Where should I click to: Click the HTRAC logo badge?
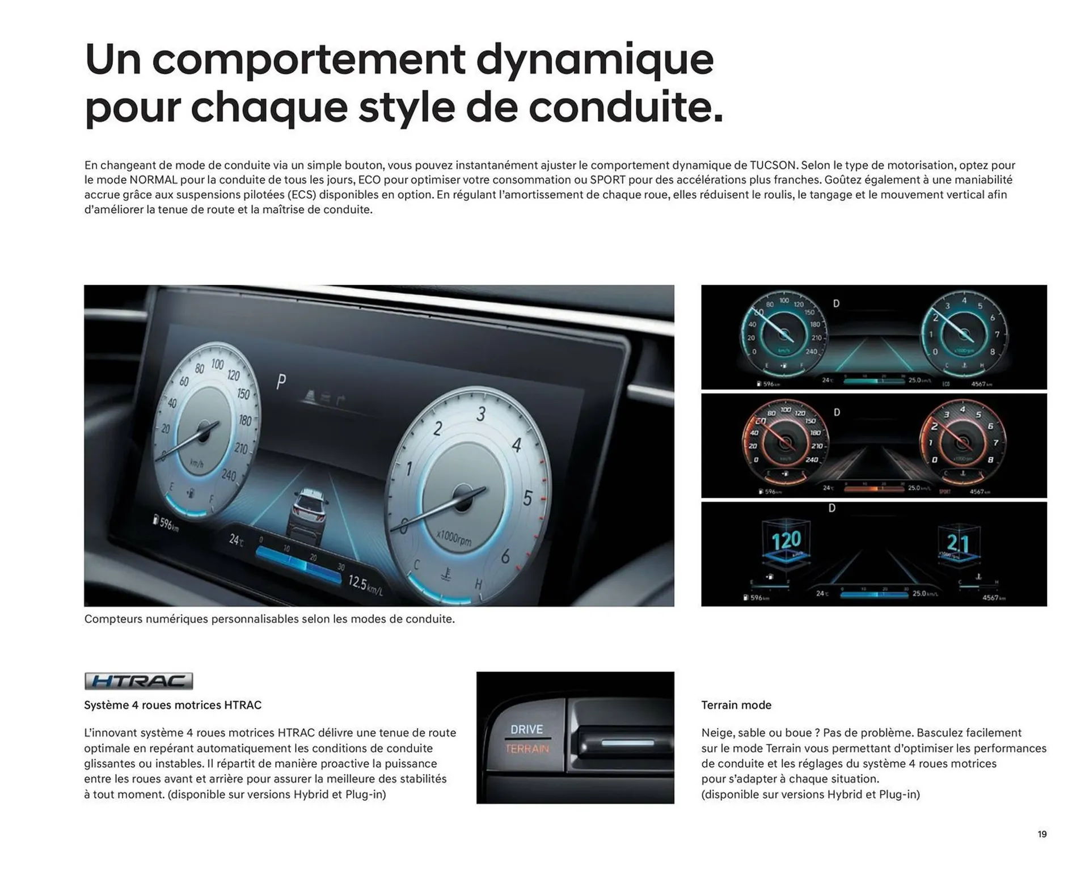tap(138, 681)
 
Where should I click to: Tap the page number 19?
tap(1042, 834)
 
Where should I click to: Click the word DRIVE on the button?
tap(526, 729)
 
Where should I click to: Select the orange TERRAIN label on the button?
tap(527, 749)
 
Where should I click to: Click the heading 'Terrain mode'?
tap(736, 705)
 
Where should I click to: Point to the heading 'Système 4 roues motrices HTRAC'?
tap(172, 705)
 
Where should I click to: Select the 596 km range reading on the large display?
tap(167, 523)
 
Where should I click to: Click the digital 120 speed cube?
tap(786, 540)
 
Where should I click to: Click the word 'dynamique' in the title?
tap(594, 59)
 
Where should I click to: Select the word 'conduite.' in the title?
tap(626, 107)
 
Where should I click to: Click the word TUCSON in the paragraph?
tap(773, 165)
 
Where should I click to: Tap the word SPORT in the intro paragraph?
tap(607, 180)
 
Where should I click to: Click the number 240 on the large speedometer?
tap(229, 475)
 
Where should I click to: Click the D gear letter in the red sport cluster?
tap(837, 412)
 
